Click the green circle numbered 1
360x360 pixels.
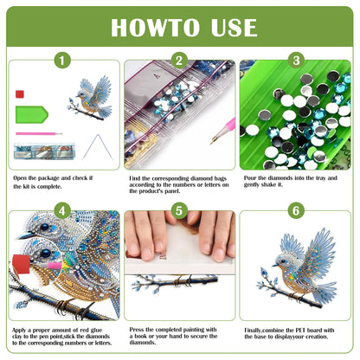pyautogui.click(x=61, y=61)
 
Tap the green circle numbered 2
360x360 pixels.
pyautogui.click(x=179, y=61)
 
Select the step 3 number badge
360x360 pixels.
pyautogui.click(x=295, y=61)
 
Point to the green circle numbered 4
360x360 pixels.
pyautogui.click(x=61, y=210)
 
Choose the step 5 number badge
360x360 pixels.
pyautogui.click(x=179, y=210)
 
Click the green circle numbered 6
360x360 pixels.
pyautogui.click(x=295, y=210)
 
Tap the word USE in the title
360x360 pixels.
pyautogui.click(x=235, y=27)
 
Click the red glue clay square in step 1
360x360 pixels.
pyautogui.click(x=19, y=92)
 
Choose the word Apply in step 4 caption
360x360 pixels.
pyautogui.click(x=23, y=329)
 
